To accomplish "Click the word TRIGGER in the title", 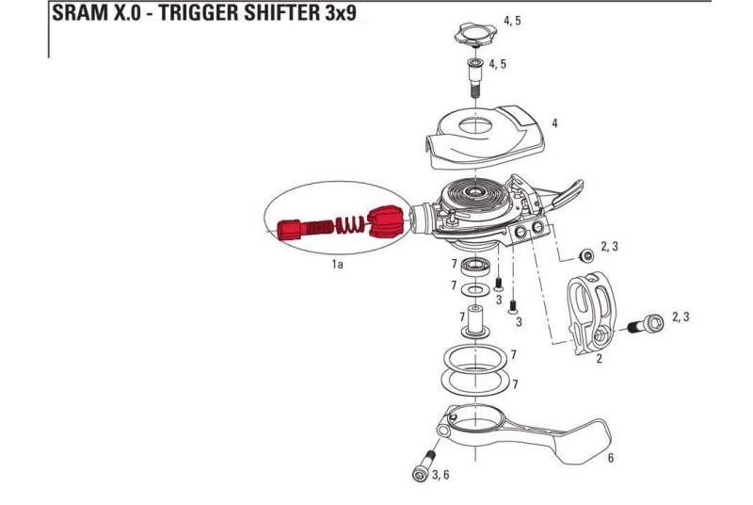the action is click(198, 13).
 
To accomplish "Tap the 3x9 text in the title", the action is click(340, 13).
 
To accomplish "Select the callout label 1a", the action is click(338, 264).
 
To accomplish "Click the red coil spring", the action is click(351, 224).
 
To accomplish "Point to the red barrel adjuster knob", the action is click(290, 230).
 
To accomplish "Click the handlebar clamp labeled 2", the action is click(591, 314).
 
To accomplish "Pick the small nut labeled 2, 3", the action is click(585, 256).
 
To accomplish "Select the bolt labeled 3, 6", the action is click(424, 465).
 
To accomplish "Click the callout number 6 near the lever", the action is click(610, 458).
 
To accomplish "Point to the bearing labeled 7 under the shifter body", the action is click(475, 267).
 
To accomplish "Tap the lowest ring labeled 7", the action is click(475, 382).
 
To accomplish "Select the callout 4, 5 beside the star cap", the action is click(512, 21).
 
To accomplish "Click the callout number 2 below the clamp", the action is click(599, 358).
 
